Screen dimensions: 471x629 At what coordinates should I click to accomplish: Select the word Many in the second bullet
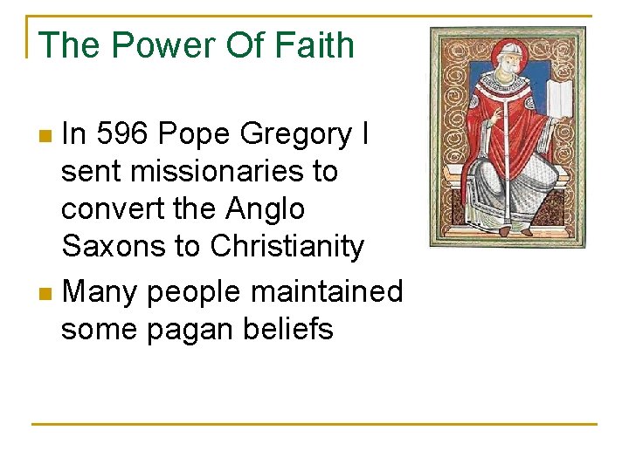coord(100,291)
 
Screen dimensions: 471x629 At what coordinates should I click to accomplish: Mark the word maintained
coord(327,291)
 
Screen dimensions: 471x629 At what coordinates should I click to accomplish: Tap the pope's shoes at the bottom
coord(515,229)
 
